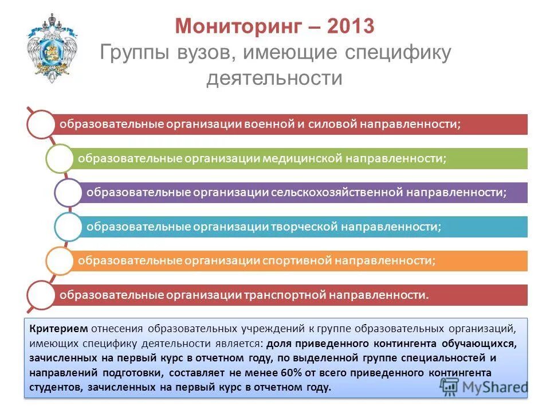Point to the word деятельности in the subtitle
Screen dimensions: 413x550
(274, 77)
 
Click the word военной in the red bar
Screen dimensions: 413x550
(270, 124)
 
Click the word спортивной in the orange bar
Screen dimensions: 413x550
(297, 260)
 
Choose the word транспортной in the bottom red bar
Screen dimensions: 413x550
(285, 295)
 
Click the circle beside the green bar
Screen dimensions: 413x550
(60, 158)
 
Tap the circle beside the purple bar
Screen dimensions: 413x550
(68, 192)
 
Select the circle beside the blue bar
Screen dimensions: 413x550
(68, 227)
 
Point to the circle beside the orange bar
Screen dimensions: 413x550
(60, 260)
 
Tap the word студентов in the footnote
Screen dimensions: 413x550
(56, 387)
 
